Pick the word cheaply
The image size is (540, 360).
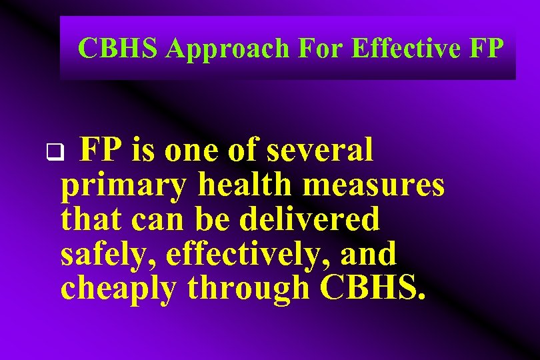coord(120,288)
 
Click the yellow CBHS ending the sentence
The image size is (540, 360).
coord(371,288)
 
